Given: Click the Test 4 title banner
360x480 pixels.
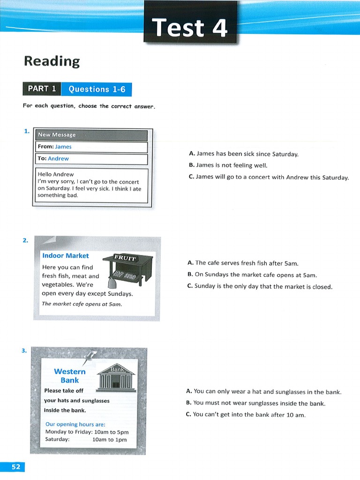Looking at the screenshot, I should (190, 27).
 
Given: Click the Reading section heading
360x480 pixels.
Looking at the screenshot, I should (52, 61).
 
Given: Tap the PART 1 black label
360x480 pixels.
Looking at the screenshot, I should (42, 89).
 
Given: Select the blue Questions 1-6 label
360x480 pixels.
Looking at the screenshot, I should (97, 89).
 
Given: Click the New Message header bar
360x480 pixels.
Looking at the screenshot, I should (91, 135).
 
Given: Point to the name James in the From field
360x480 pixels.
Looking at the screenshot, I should (63, 147).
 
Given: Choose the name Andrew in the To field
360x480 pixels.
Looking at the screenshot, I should (58, 159).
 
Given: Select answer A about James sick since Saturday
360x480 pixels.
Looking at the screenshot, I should (243, 154).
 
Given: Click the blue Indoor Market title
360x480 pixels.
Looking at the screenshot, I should (65, 255).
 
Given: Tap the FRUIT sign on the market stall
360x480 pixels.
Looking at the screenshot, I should (125, 258).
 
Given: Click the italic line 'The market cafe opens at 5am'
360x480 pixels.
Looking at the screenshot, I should (82, 304).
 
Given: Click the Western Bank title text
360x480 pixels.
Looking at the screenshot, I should (70, 375).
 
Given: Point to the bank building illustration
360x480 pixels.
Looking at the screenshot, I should (117, 377).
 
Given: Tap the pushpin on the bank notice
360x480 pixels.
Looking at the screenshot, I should (89, 358).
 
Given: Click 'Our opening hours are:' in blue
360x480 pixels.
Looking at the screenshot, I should (75, 424).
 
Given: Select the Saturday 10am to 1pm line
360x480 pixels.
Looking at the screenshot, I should (86, 440).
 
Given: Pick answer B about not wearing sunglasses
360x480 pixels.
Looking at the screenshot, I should (255, 403).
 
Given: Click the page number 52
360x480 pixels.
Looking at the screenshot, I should (15, 466).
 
